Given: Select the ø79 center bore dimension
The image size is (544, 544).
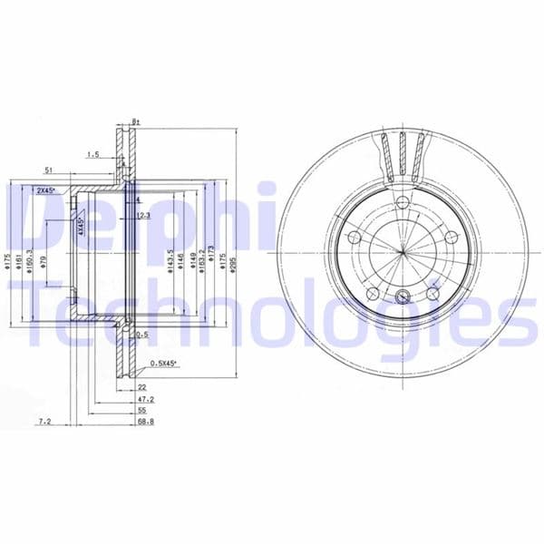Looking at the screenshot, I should tap(43, 263).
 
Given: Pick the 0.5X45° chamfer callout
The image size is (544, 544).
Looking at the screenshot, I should tap(163, 365).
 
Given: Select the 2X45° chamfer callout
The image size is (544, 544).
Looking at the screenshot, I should tap(45, 191).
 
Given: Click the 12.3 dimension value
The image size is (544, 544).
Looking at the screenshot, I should tap(142, 216).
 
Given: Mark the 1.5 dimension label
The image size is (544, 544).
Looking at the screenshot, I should tap(92, 155).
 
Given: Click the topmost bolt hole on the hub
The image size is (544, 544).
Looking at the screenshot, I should tap(403, 202).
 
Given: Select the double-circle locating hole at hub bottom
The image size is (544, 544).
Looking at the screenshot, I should tap(403, 295).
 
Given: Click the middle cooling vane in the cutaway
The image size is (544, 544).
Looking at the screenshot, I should tap(403, 157).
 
